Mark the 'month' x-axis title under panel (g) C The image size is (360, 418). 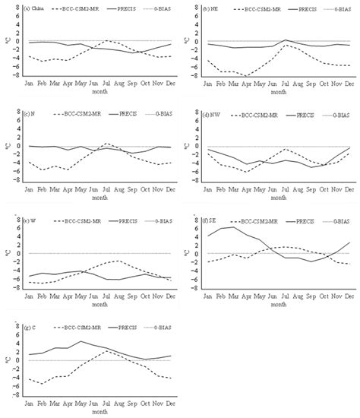click(99, 410)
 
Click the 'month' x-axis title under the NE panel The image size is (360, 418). click(278, 92)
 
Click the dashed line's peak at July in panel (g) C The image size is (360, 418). click(107, 350)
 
